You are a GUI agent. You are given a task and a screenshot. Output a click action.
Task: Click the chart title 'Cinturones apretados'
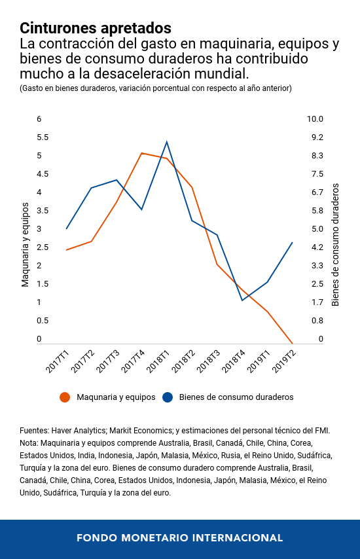click(96, 28)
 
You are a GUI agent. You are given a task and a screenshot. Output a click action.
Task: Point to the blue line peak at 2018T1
click(167, 141)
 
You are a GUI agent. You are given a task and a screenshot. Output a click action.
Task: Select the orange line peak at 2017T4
click(141, 153)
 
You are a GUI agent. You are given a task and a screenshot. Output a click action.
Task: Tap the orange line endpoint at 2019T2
click(292, 343)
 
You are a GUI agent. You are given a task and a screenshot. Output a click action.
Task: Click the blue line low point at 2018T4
click(242, 300)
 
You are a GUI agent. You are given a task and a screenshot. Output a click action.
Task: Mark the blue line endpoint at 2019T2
click(292, 242)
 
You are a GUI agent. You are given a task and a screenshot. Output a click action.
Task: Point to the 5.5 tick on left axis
click(43, 137)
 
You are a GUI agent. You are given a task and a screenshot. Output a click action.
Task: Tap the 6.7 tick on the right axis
click(317, 192)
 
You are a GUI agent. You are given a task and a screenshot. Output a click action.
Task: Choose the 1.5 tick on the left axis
click(43, 284)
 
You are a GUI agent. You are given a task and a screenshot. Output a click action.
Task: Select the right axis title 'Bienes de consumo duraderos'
click(335, 243)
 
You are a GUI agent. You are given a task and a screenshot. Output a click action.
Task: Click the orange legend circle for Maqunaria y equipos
click(65, 397)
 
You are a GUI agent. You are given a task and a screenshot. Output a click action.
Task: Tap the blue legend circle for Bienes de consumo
click(168, 397)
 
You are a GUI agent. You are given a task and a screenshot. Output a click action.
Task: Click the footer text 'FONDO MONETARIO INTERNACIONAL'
click(180, 537)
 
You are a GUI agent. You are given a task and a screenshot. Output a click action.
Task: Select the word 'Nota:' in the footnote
click(30, 443)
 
